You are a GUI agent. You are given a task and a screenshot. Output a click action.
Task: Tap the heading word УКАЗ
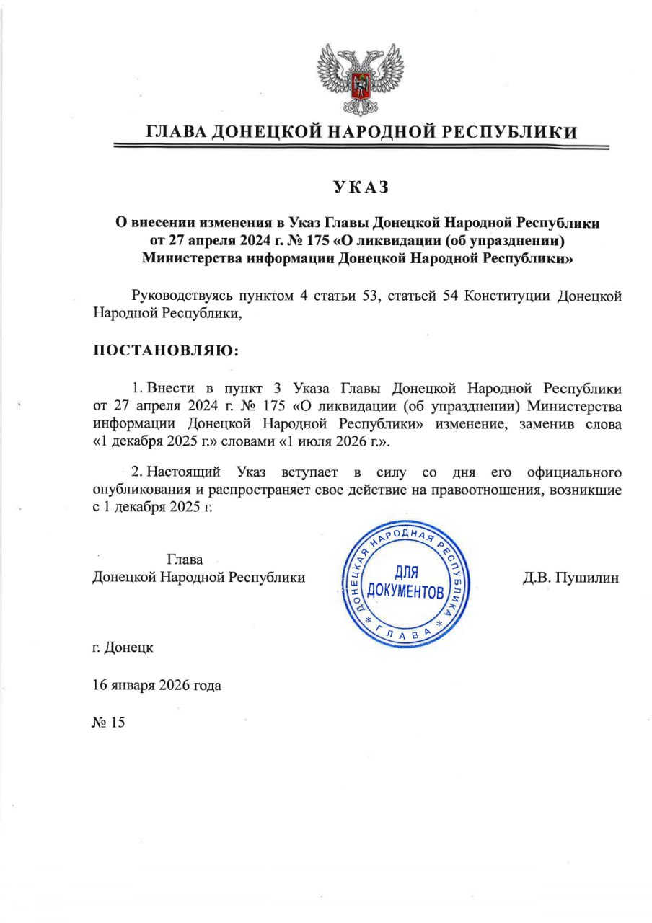click(361, 187)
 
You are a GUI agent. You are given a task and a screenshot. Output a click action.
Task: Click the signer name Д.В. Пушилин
click(570, 578)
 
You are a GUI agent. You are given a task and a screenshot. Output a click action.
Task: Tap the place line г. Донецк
click(123, 647)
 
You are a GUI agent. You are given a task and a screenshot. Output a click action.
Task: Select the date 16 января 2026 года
click(157, 684)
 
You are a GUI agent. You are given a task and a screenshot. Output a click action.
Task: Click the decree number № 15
click(109, 722)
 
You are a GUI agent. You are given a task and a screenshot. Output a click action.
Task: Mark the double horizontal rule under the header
click(361, 147)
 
